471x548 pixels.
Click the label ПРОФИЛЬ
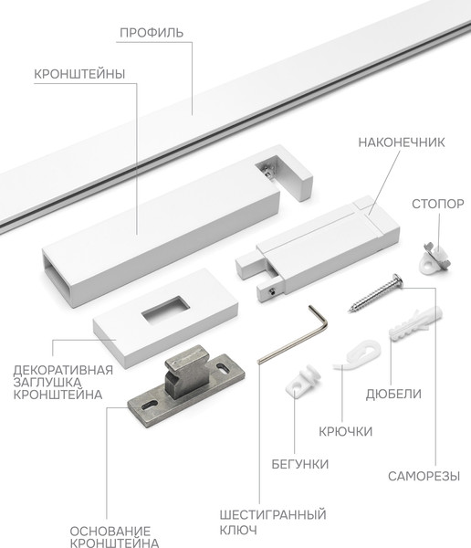point(152,33)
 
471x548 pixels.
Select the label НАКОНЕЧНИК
point(401,143)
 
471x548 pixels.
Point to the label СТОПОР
point(437,204)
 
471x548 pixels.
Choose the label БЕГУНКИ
point(299,464)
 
